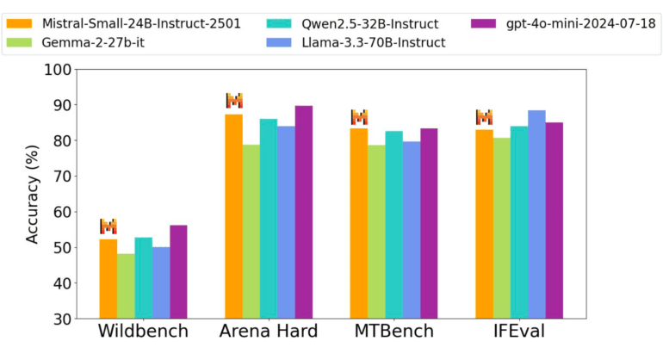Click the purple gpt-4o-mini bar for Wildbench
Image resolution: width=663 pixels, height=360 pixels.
178,271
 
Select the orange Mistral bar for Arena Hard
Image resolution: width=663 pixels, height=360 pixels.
233,215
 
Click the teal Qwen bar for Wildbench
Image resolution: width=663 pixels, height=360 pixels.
143,277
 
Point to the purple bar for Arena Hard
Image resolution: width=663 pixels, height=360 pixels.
304,211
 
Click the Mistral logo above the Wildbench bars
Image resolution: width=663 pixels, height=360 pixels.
108,227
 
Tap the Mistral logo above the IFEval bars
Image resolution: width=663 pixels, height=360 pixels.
484,117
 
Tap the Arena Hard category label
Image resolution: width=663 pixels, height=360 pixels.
268,332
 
